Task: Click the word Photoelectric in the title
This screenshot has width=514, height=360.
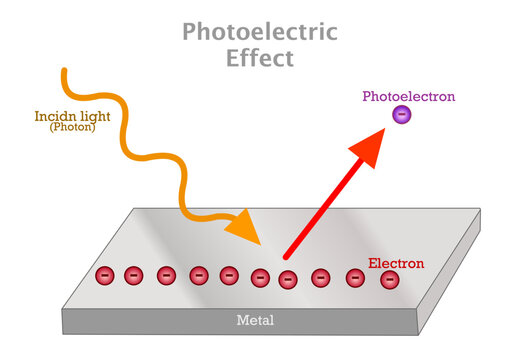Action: (x=260, y=31)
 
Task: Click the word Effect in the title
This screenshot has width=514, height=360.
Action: (x=259, y=58)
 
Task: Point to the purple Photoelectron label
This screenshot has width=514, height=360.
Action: (x=408, y=97)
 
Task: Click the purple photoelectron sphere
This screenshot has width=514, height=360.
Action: (x=401, y=116)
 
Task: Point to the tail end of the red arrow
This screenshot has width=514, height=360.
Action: (x=286, y=256)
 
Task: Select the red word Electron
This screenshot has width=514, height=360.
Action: (x=396, y=263)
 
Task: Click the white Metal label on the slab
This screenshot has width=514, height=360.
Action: (x=254, y=321)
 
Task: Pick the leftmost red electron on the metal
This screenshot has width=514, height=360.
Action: (x=103, y=274)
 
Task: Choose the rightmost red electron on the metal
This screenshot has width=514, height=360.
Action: (x=388, y=280)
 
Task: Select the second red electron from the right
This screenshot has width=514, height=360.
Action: (x=355, y=278)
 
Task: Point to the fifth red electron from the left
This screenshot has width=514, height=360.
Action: (x=229, y=275)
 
